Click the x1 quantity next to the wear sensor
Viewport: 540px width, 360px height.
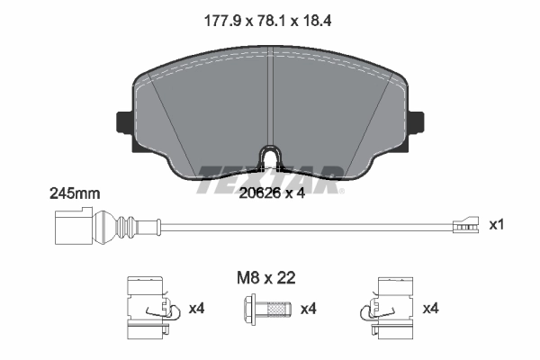click(496, 225)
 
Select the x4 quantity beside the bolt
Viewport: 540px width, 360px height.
click(309, 310)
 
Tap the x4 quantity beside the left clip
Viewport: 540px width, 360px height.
click(197, 309)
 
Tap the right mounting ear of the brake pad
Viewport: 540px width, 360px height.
click(417, 120)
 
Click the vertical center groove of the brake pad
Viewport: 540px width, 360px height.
click(270, 99)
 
